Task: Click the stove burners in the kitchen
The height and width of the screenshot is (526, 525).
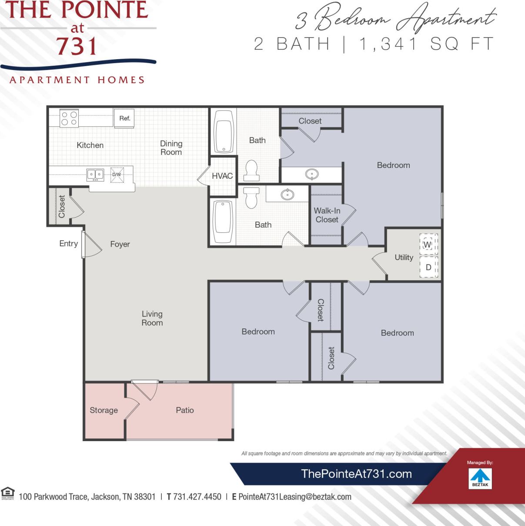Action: tap(69, 118)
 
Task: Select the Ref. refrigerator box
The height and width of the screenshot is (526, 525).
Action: tap(124, 118)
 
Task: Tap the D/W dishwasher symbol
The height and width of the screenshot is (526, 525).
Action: tap(117, 174)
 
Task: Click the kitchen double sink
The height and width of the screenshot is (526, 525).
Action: tap(95, 175)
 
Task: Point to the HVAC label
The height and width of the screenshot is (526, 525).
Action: tap(222, 176)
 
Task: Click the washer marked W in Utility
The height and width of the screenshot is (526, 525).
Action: tap(428, 245)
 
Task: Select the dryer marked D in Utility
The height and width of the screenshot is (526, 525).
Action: tap(428, 267)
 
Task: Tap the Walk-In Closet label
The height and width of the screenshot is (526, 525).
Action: tap(327, 215)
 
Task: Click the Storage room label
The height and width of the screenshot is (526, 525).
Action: tap(104, 410)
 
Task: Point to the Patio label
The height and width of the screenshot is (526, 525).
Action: tap(185, 410)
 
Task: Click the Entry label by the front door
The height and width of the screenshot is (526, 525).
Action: tap(68, 244)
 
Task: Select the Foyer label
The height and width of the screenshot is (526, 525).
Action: tap(120, 244)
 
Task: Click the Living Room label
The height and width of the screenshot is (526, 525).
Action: tap(152, 318)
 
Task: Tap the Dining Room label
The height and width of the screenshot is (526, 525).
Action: tap(171, 147)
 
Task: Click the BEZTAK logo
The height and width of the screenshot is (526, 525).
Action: tap(480, 478)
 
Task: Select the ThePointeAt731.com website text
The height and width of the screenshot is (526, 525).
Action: tap(356, 474)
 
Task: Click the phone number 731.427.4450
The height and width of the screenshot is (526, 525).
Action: tap(197, 496)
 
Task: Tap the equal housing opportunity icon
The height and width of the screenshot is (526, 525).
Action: tap(7, 493)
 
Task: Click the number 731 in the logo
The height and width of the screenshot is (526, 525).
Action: tap(77, 46)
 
